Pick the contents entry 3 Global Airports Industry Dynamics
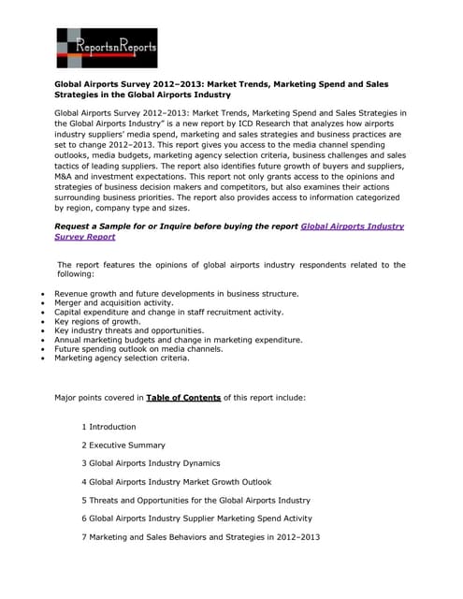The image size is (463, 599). point(151,463)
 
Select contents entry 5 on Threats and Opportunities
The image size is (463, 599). point(195,500)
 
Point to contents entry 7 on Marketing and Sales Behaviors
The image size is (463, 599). point(200,536)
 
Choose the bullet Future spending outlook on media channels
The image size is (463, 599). point(138,348)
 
